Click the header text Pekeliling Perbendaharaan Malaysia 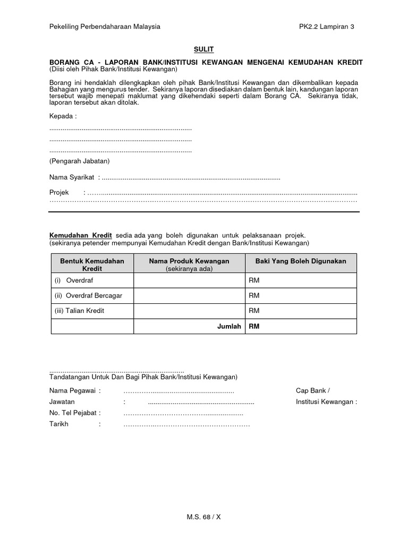click(x=105, y=26)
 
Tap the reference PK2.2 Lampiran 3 click(x=326, y=26)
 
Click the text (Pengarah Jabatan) click(x=79, y=161)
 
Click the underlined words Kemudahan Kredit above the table click(x=81, y=235)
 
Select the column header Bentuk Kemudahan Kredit click(x=92, y=265)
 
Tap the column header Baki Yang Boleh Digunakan click(x=301, y=261)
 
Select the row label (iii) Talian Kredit click(x=79, y=311)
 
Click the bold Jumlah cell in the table click(x=229, y=326)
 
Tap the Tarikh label click(x=59, y=424)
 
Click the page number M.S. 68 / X click(x=204, y=516)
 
